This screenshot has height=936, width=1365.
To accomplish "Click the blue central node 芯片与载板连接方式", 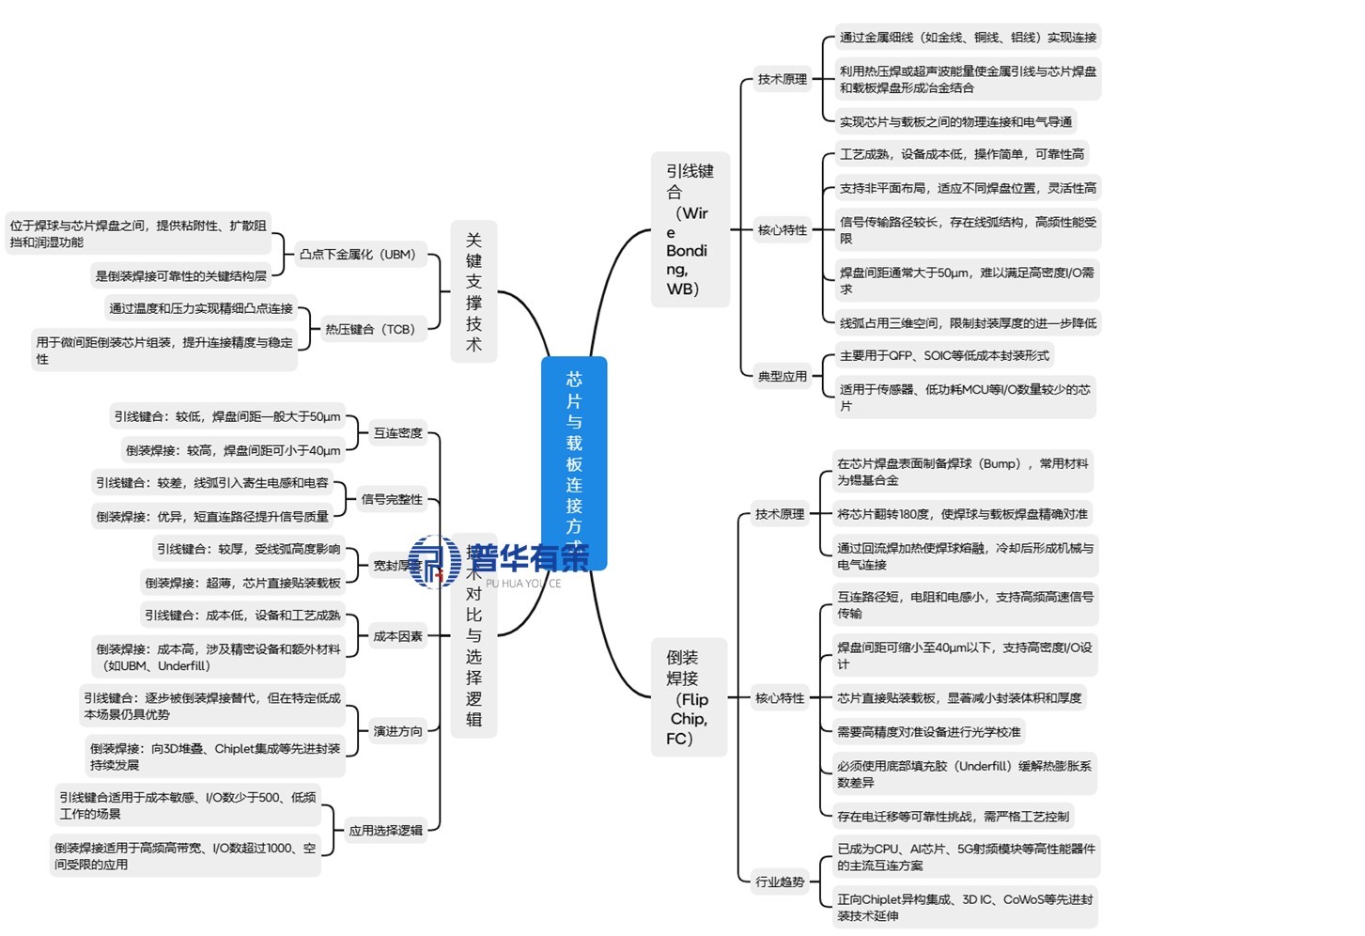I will pyautogui.click(x=574, y=451).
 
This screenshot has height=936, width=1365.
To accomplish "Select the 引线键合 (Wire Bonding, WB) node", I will pyautogui.click(x=690, y=230).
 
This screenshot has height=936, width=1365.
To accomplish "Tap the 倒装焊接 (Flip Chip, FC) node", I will pyautogui.click(x=689, y=697).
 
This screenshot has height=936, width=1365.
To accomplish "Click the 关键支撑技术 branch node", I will pyautogui.click(x=473, y=291).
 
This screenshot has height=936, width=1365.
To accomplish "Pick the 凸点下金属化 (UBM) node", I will pyautogui.click(x=357, y=255).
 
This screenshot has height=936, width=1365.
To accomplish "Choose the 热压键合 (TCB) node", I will pyautogui.click(x=369, y=330).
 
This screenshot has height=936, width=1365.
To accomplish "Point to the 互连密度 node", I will pyautogui.click(x=397, y=433).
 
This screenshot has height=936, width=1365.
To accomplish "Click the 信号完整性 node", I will pyautogui.click(x=392, y=499).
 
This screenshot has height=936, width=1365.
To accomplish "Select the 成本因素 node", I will pyautogui.click(x=397, y=636).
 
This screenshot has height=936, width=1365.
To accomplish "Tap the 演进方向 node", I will pyautogui.click(x=397, y=731).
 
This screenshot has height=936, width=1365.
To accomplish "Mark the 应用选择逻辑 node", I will pyautogui.click(x=385, y=831).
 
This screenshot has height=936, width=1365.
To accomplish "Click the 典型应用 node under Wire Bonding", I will pyautogui.click(x=782, y=376).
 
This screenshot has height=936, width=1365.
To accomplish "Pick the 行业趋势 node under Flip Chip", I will pyautogui.click(x=780, y=881).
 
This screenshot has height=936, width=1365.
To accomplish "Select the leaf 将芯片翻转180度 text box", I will pyautogui.click(x=962, y=514).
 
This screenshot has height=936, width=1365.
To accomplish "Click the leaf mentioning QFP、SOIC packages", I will pyautogui.click(x=943, y=355).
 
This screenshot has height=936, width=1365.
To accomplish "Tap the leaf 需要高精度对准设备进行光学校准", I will pyautogui.click(x=928, y=732).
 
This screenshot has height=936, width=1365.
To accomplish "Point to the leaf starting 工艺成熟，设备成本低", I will pyautogui.click(x=961, y=154).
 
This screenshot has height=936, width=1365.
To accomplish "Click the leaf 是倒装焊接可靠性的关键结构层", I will pyautogui.click(x=180, y=276).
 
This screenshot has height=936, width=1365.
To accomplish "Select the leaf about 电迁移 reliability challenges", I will pyautogui.click(x=953, y=817).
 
